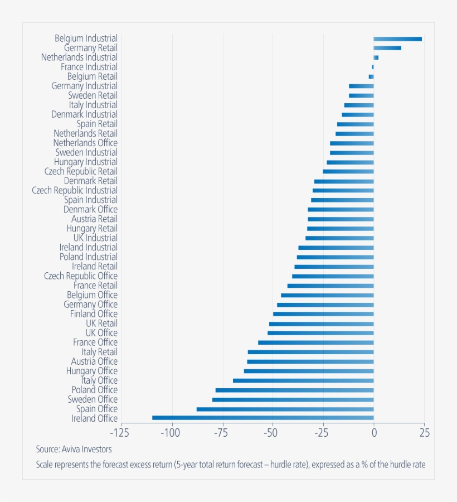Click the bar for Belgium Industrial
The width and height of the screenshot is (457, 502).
[397, 39]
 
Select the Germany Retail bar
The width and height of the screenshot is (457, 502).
[387, 48]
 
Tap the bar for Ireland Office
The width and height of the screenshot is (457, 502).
[262, 418]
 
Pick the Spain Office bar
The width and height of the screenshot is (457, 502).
[285, 409]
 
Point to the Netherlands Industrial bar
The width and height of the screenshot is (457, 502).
[376, 57]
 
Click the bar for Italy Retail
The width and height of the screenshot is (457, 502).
[310, 352]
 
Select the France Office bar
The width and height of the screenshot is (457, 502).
[315, 342]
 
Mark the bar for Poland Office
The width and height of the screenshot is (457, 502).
[294, 390]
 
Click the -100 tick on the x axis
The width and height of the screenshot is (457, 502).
[171, 433]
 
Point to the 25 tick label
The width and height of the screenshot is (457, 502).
[424, 433]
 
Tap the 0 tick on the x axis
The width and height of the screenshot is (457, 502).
[374, 433]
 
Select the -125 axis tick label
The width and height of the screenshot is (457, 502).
[120, 433]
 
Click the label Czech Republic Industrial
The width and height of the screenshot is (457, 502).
[75, 190]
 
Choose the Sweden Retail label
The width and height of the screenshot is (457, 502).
[93, 95]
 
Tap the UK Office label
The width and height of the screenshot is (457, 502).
[101, 333]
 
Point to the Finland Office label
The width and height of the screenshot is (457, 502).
[94, 314]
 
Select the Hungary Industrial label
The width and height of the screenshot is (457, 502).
[85, 162]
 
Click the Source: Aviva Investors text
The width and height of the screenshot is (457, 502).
[74, 449]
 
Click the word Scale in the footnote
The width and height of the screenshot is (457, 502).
[45, 464]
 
